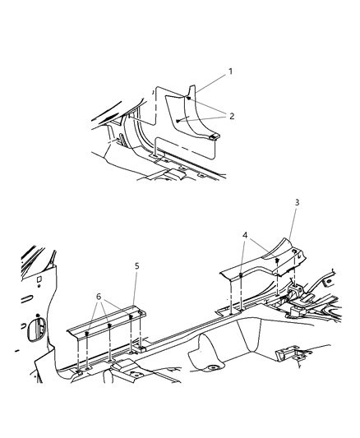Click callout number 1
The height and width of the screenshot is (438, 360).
click(230, 71)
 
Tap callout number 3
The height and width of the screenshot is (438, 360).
click(297, 201)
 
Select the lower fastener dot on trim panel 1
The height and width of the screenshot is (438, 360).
click(178, 120)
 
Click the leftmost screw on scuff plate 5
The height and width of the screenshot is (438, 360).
click(85, 334)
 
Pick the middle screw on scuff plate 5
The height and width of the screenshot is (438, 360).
click(109, 326)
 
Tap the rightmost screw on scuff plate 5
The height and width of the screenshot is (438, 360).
click(131, 318)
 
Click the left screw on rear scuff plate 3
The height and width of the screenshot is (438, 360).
click(238, 275)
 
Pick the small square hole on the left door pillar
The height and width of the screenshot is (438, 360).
click(39, 277)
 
